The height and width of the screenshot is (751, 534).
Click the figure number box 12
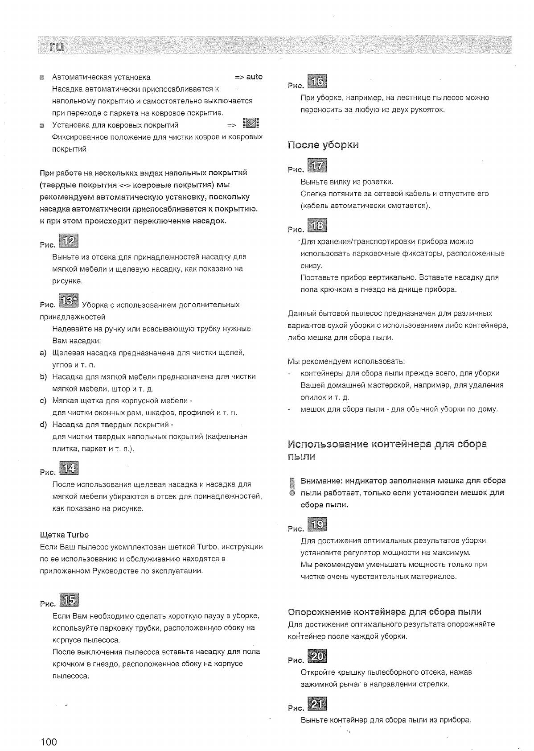69,241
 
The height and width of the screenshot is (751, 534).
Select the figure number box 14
69,468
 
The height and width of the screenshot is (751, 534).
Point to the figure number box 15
69,600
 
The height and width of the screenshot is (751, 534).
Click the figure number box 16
318,81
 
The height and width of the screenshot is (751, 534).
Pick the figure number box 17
317,166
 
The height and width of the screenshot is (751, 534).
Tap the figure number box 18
317,226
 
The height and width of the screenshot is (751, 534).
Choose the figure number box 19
317,524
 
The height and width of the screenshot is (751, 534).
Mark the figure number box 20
317,656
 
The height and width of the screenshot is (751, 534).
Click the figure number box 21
317,704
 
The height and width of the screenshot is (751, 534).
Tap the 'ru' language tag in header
56,46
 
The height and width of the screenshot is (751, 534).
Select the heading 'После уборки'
323,145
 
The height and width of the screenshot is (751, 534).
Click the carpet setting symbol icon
251,123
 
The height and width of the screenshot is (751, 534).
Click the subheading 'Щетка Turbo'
64,535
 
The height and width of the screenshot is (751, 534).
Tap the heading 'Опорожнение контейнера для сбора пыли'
385,611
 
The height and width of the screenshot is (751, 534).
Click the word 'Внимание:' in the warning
321,481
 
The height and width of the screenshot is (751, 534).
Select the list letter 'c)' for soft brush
43,400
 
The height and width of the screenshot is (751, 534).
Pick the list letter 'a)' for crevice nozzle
43,353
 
